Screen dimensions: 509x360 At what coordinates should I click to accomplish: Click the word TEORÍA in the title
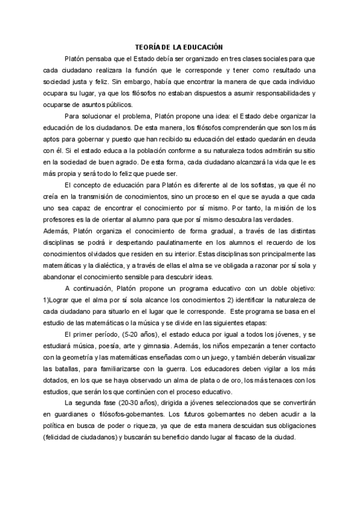[146, 46]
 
